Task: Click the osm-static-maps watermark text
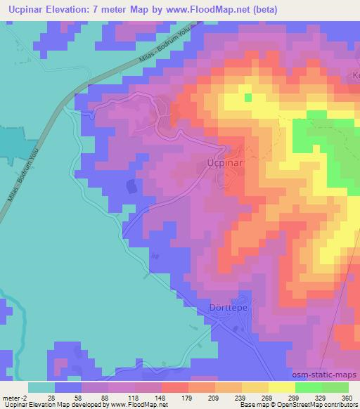click(x=329, y=375)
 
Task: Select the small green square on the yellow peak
click(x=247, y=97)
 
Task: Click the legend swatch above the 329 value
click(x=308, y=387)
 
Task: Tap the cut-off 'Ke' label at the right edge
click(x=355, y=76)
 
